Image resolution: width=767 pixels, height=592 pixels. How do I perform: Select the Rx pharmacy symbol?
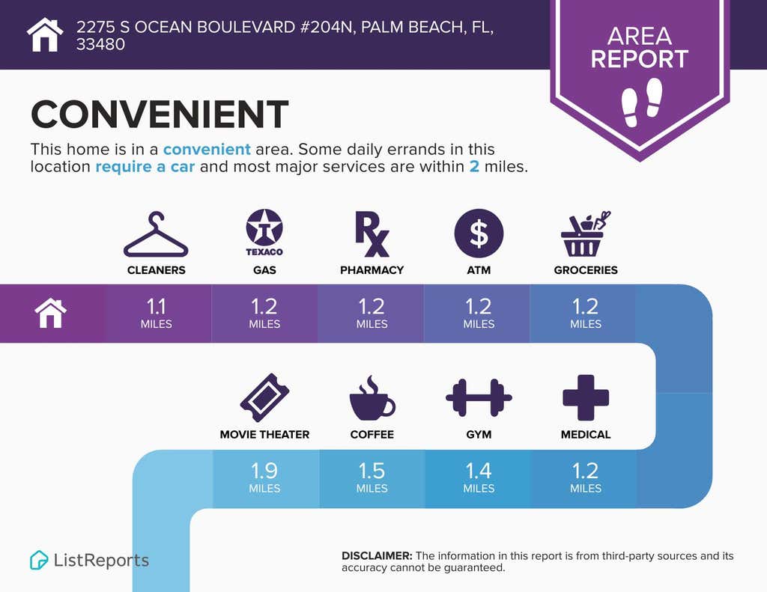[372, 234]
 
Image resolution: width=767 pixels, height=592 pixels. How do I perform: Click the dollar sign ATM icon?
[479, 234]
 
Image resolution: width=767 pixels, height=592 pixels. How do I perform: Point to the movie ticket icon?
[264, 397]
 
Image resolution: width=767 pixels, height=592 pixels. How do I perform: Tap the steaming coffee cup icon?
[372, 398]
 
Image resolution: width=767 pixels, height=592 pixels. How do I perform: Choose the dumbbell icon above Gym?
[479, 397]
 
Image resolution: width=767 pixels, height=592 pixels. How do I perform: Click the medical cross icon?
[586, 397]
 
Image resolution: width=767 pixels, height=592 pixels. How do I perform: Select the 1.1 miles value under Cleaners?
[156, 313]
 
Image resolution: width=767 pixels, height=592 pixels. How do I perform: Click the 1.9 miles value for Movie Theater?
[264, 477]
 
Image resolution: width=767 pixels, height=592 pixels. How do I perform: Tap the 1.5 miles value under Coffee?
[372, 477]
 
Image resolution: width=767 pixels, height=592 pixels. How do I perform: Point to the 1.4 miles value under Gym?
[479, 477]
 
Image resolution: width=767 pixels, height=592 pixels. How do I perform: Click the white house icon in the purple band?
[51, 314]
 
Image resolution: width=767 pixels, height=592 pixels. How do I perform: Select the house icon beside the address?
[45, 34]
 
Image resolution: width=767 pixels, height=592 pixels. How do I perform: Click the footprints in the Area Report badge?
[641, 103]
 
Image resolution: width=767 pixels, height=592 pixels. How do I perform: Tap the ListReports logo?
[90, 560]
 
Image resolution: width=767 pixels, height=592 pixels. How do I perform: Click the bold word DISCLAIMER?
[377, 556]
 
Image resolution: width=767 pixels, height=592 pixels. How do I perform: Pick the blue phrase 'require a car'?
[145, 167]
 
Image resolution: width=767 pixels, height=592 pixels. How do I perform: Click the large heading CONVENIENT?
[160, 114]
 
